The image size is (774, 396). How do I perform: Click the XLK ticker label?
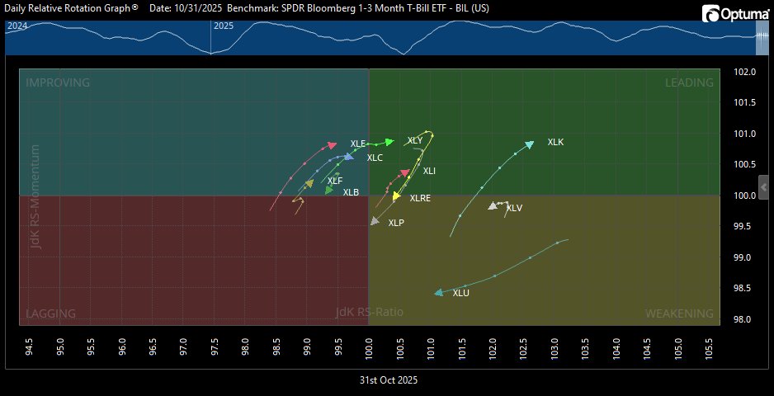click(x=555, y=142)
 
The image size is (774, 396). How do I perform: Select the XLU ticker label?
click(x=460, y=293)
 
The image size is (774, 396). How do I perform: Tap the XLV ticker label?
click(x=514, y=208)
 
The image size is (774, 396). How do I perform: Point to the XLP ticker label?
click(x=396, y=223)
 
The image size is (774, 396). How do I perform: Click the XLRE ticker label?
click(x=420, y=199)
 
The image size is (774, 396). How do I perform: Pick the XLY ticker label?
click(x=415, y=140)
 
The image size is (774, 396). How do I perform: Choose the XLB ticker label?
click(x=351, y=192)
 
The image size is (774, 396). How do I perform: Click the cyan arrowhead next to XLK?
click(x=529, y=144)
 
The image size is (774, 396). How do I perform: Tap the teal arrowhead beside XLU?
click(x=439, y=292)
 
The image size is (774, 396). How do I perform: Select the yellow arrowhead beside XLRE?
click(x=397, y=196)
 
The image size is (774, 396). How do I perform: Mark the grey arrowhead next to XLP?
click(x=375, y=221)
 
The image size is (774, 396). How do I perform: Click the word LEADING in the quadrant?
click(x=689, y=82)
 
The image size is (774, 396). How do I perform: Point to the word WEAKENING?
click(x=679, y=313)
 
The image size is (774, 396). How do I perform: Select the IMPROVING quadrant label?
click(x=58, y=82)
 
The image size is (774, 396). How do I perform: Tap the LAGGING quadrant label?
click(x=51, y=313)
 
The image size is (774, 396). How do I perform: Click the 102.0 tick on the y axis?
click(x=745, y=72)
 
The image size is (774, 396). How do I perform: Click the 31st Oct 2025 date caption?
click(x=388, y=380)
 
